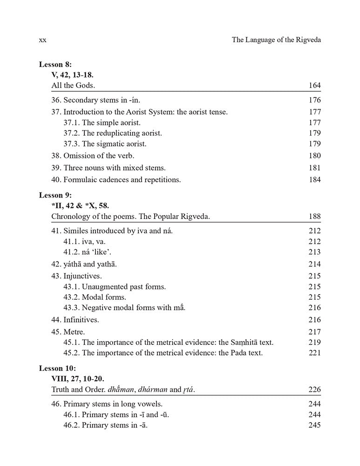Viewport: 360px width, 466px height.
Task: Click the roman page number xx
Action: [42, 41]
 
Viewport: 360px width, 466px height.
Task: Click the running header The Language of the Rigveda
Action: [277, 41]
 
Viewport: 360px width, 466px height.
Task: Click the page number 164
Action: [314, 86]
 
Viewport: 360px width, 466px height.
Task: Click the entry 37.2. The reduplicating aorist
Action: [113, 133]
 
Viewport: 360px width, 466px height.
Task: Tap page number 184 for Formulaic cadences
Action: [314, 179]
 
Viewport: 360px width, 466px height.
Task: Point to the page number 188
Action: [314, 217]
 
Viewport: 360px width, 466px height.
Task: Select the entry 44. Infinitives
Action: [75, 320]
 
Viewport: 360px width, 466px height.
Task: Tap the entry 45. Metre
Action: [68, 332]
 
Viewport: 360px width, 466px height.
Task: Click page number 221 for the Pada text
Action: [314, 353]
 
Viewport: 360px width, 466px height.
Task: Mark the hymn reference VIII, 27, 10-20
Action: [77, 379]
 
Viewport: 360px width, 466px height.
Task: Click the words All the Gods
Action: [74, 86]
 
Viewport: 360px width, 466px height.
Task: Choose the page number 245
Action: [314, 425]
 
